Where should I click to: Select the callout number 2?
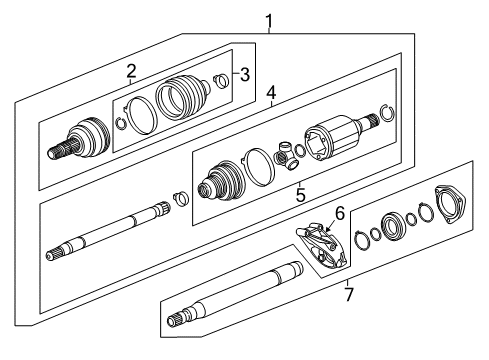click(131, 70)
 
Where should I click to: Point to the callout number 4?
click(270, 95)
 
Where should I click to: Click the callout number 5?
click(300, 195)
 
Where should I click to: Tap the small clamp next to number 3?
click(223, 81)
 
